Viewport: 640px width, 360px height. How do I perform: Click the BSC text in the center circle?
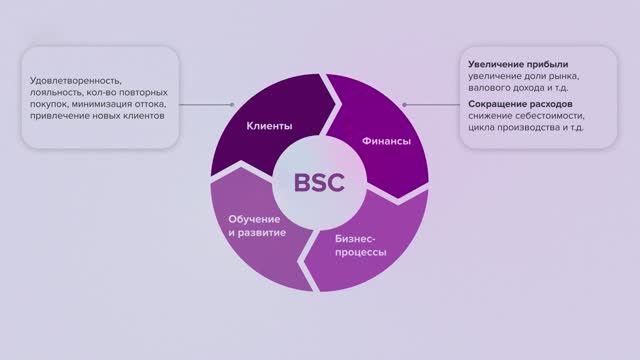tap(319, 182)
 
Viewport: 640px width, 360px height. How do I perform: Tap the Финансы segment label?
tap(386, 142)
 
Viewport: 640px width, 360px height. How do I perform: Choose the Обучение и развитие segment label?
tap(257, 226)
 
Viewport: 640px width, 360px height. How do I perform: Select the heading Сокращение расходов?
tap(520, 103)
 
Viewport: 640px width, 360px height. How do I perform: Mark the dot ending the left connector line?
tap(232, 103)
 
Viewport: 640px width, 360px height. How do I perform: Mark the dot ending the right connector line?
tap(404, 103)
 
